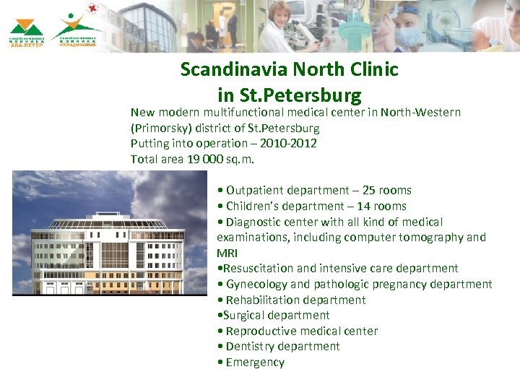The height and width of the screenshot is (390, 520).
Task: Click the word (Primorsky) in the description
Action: pyautogui.click(x=163, y=128)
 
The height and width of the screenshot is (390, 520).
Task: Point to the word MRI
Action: pyautogui.click(x=227, y=253)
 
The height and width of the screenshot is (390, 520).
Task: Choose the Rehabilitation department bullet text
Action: pyautogui.click(x=295, y=300)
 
